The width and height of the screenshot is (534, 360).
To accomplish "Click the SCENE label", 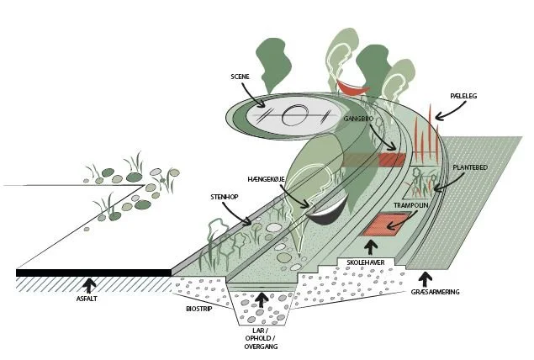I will click(x=241, y=77).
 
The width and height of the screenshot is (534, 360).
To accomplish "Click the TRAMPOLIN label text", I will click(x=411, y=205).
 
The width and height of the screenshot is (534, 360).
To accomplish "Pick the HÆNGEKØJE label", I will click(x=267, y=179).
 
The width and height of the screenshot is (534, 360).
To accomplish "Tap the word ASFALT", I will click(x=88, y=299).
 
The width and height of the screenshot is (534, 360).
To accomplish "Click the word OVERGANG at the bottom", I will click(x=262, y=347).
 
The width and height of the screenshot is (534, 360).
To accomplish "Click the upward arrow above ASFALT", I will click(x=89, y=283).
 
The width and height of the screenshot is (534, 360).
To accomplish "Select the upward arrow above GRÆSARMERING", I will click(x=426, y=278).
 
